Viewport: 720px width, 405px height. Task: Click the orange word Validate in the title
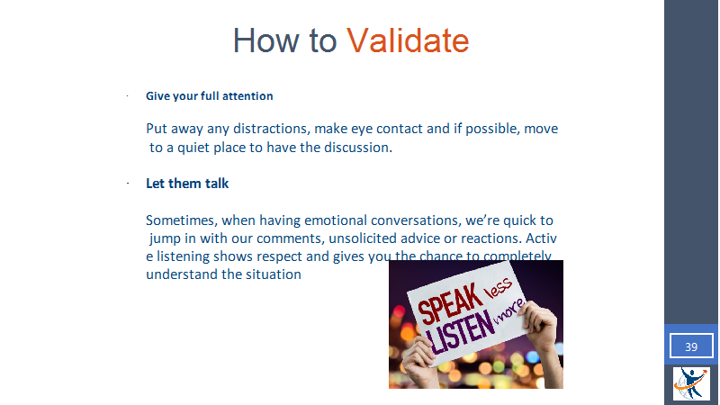pyautogui.click(x=408, y=40)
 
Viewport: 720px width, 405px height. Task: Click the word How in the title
pyautogui.click(x=265, y=40)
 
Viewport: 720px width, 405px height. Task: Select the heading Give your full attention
pyautogui.click(x=210, y=96)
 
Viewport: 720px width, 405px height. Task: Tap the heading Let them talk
pyautogui.click(x=187, y=184)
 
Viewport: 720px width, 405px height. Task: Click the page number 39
pyautogui.click(x=691, y=346)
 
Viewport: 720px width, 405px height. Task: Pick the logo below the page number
pyautogui.click(x=691, y=383)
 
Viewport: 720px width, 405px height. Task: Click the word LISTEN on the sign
pyautogui.click(x=460, y=333)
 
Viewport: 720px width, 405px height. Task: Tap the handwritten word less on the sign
pyautogui.click(x=499, y=288)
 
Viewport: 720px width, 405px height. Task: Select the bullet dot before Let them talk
pyautogui.click(x=128, y=184)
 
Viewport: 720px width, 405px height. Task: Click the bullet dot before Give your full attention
pyautogui.click(x=128, y=96)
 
